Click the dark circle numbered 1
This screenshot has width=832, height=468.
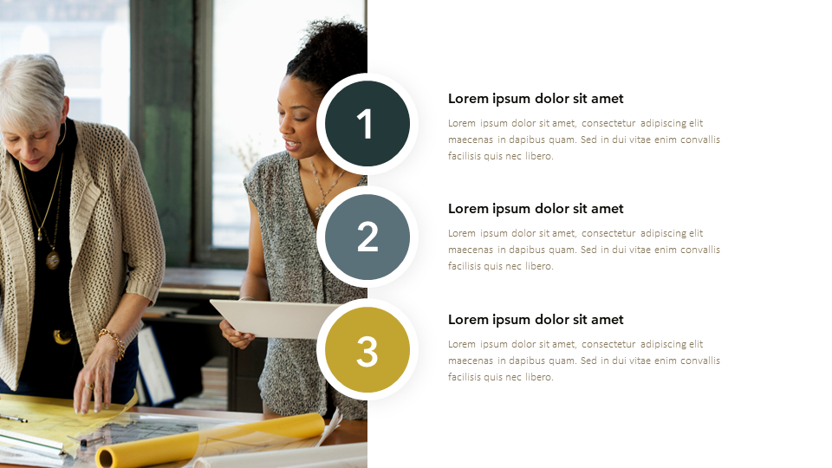pyautogui.click(x=367, y=124)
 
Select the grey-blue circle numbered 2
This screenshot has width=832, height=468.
pyautogui.click(x=367, y=237)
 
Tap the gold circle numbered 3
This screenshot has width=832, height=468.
pyautogui.click(x=367, y=349)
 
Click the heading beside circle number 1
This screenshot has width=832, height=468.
pyautogui.click(x=536, y=99)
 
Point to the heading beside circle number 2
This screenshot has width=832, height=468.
pyautogui.click(x=536, y=209)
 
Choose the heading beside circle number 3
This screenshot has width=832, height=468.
pyautogui.click(x=536, y=320)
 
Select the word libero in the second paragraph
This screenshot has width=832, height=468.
pyautogui.click(x=539, y=266)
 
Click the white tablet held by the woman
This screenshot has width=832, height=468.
pyautogui.click(x=273, y=317)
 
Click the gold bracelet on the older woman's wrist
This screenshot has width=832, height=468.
pyautogui.click(x=113, y=341)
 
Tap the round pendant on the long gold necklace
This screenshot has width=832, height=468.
pyautogui.click(x=53, y=259)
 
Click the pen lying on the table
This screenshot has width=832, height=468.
pyautogui.click(x=13, y=419)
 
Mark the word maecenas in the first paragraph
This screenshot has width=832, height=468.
pyautogui.click(x=470, y=140)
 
